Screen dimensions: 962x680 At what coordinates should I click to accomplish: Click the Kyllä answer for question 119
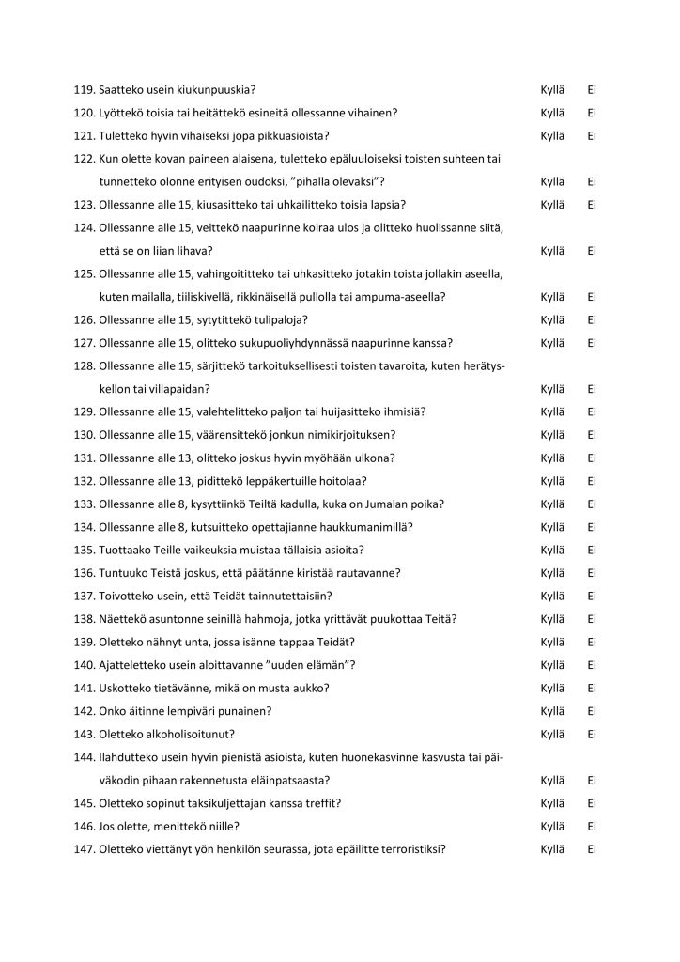pyautogui.click(x=552, y=90)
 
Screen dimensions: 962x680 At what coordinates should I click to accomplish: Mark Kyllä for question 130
pyautogui.click(x=552, y=435)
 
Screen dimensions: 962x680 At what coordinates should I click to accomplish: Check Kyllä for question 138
pyautogui.click(x=552, y=619)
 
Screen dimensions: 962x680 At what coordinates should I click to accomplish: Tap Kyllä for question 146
pyautogui.click(x=552, y=827)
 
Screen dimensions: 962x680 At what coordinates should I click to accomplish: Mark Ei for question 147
pyautogui.click(x=593, y=849)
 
